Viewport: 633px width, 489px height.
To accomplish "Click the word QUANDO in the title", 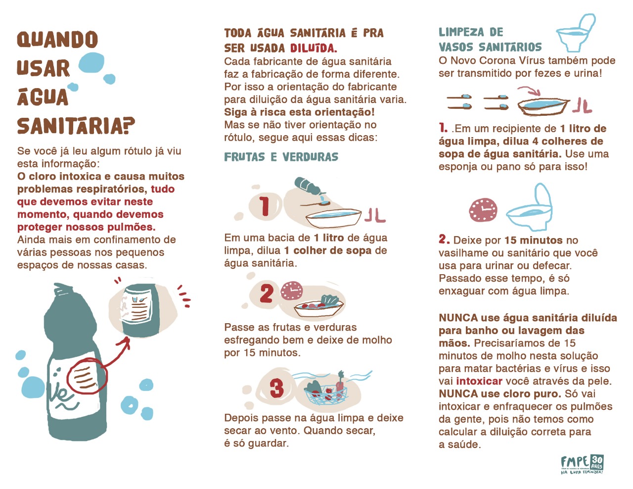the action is pyautogui.click(x=57, y=39).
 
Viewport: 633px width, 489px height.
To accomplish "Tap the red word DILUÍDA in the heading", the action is pyautogui.click(x=314, y=48).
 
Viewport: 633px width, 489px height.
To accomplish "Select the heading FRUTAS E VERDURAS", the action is pyautogui.click(x=281, y=157).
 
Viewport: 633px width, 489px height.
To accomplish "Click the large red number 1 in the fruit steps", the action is pyautogui.click(x=265, y=206).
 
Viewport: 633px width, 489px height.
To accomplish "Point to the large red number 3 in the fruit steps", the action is pyautogui.click(x=276, y=388).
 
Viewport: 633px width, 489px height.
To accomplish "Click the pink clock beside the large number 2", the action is pyautogui.click(x=292, y=291).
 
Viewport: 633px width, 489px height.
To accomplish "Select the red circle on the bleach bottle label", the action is pyautogui.click(x=87, y=378).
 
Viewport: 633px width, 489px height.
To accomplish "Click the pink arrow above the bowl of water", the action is pyautogui.click(x=529, y=91).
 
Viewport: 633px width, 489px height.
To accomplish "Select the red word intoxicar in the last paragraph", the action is pyautogui.click(x=479, y=381).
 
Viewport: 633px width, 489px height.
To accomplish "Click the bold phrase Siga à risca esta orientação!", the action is pyautogui.click(x=299, y=112).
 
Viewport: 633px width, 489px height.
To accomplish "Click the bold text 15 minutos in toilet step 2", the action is pyautogui.click(x=534, y=240).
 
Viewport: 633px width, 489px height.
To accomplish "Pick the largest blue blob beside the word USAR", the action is pyautogui.click(x=91, y=63).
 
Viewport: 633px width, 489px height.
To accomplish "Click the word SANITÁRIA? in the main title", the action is pyautogui.click(x=76, y=126).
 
